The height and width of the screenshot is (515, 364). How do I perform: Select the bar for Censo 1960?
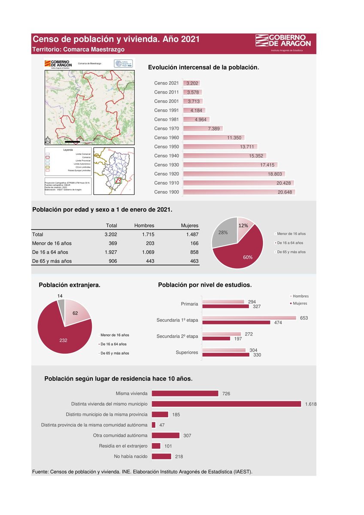[213, 138]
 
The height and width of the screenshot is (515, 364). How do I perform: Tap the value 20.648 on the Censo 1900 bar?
[285, 192]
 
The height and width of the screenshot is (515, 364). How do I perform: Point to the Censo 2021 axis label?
[166, 83]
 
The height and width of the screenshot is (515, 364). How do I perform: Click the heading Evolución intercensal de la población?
[203, 67]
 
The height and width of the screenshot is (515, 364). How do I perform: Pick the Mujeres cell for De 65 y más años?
[194, 261]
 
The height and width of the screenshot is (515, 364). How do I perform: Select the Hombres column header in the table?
[144, 225]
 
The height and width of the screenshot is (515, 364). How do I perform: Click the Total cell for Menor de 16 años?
[111, 243]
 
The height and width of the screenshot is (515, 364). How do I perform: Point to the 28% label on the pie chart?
[223, 233]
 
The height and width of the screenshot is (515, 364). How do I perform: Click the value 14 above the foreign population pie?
[60, 296]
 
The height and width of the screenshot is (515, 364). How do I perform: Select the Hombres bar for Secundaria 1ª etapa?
[249, 318]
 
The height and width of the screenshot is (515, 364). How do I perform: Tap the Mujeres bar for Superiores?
[225, 355]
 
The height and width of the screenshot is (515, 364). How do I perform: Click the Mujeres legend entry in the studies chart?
[299, 303]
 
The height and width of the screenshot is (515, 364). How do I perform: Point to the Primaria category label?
[189, 304]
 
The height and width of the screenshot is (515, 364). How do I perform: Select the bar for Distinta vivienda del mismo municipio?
[226, 404]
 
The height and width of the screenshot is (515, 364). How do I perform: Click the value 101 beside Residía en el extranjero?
[168, 446]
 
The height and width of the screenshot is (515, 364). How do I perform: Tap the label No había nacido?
[130, 457]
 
